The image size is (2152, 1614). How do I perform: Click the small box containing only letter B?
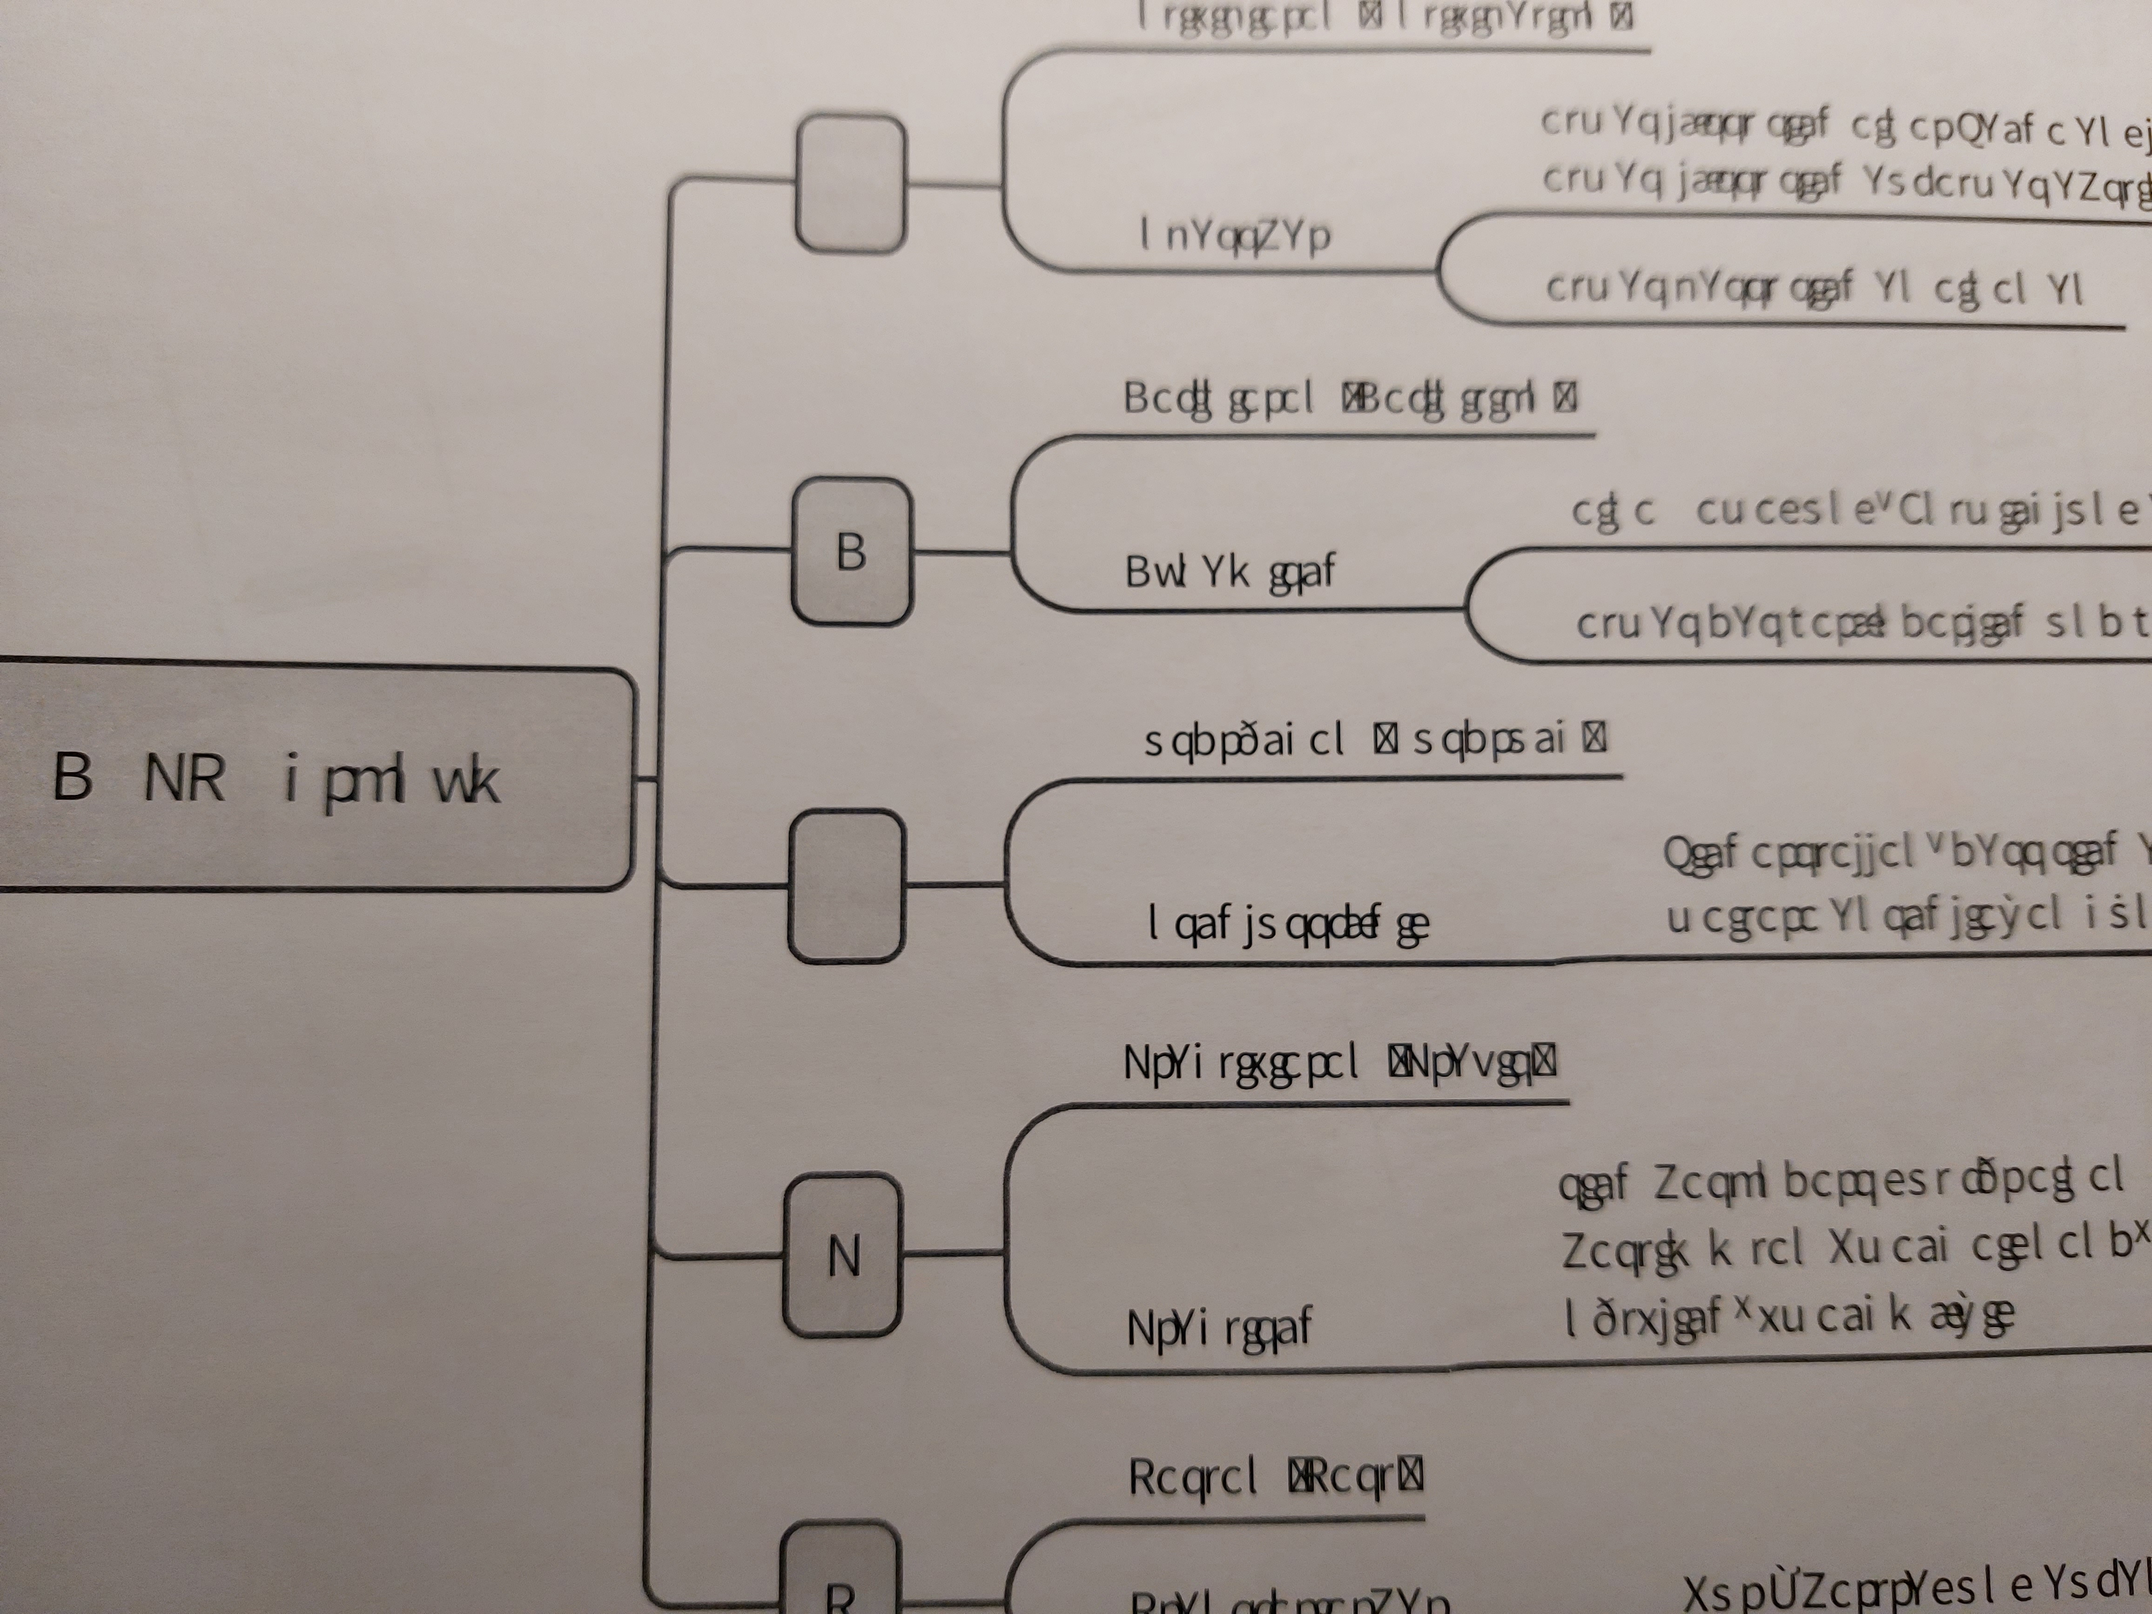(x=851, y=551)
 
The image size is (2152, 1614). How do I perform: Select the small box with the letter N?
(x=842, y=1255)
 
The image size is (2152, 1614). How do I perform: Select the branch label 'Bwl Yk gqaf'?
(x=1230, y=572)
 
